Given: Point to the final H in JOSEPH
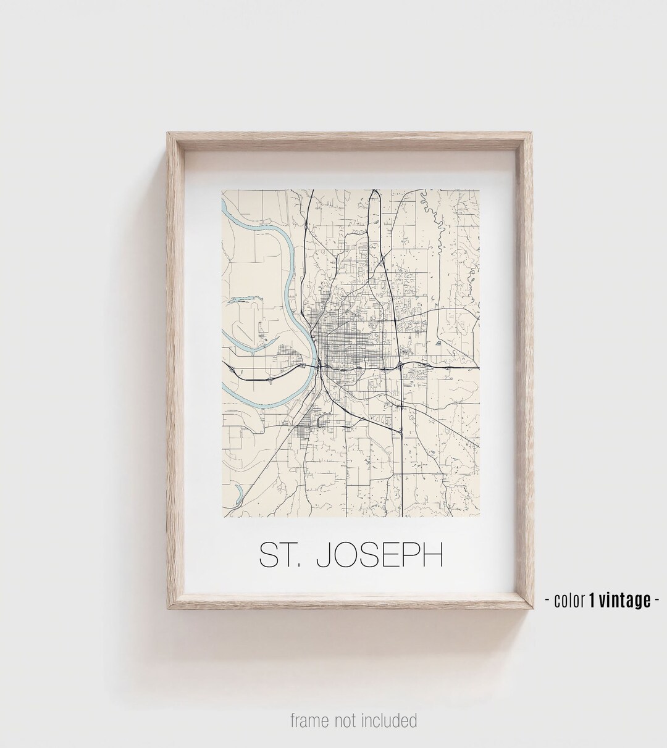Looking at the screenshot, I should pos(433,555).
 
